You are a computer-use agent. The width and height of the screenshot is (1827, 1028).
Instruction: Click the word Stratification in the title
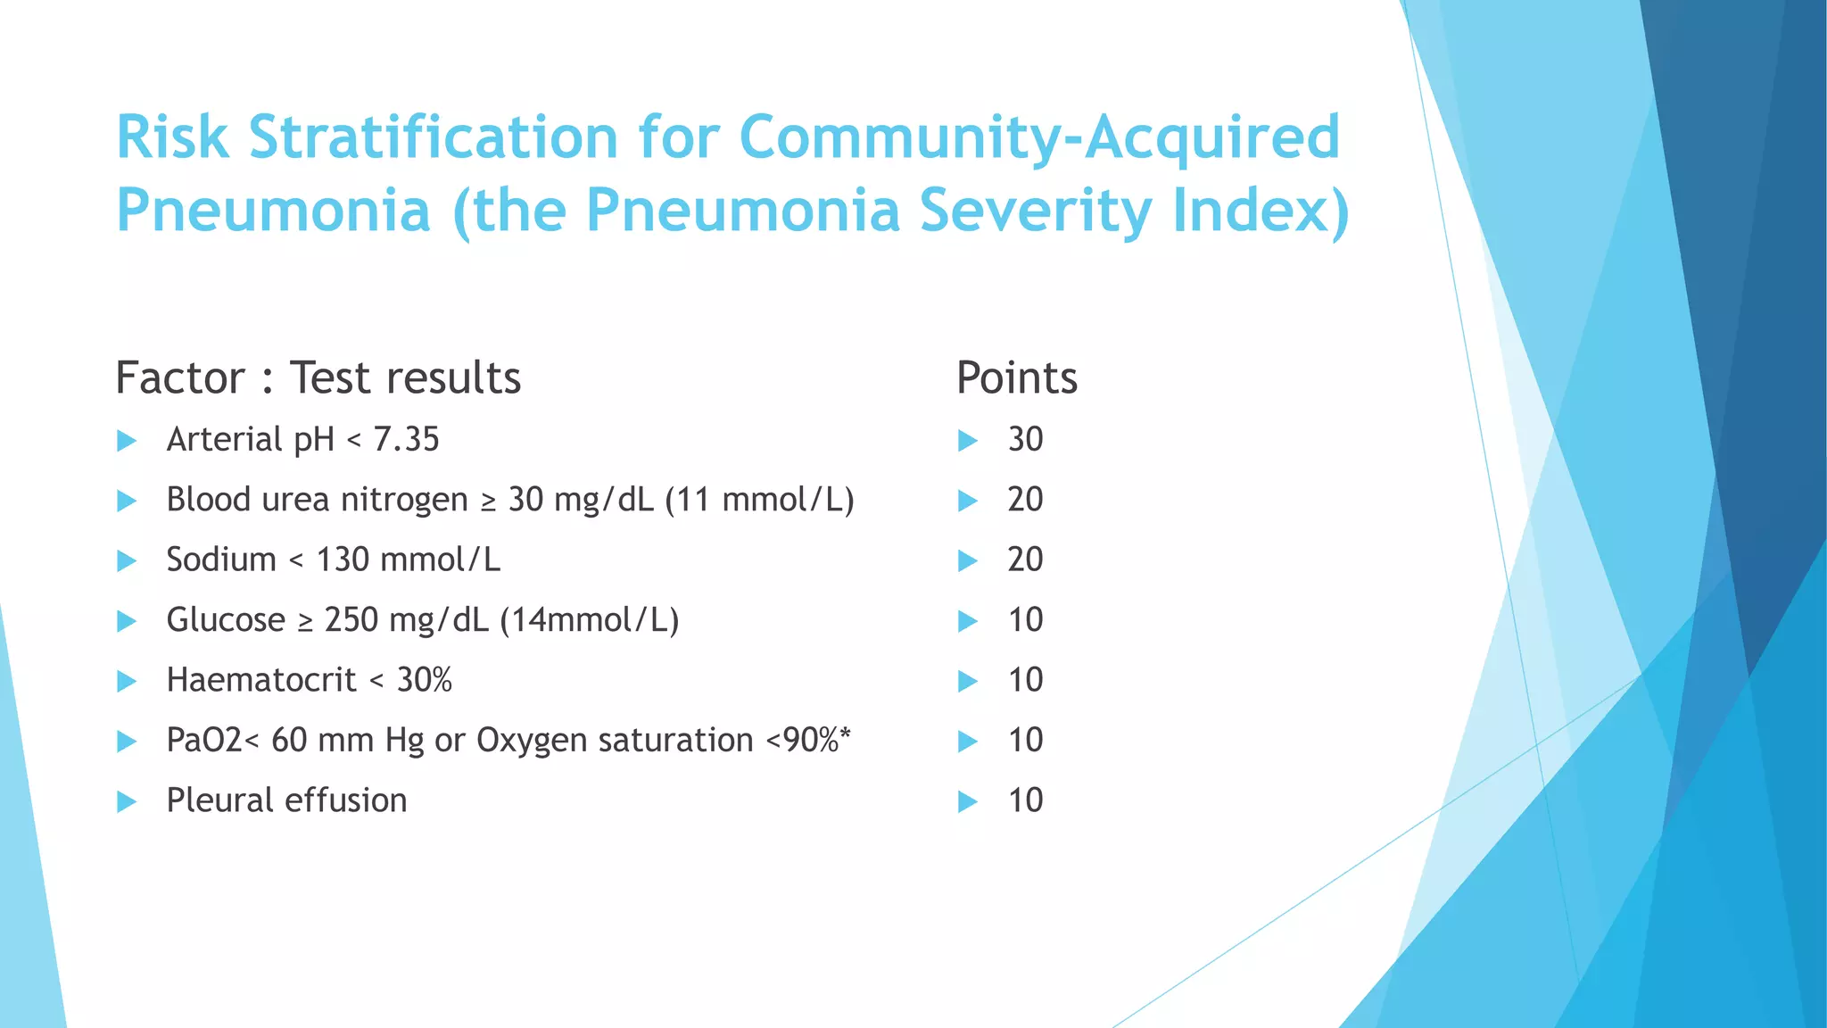click(434, 138)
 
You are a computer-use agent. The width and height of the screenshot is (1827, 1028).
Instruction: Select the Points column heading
click(1016, 377)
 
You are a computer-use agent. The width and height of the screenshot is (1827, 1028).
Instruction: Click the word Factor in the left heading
click(179, 377)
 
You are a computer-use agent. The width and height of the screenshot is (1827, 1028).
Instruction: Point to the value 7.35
click(406, 440)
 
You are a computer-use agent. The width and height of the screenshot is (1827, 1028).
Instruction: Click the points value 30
click(1025, 440)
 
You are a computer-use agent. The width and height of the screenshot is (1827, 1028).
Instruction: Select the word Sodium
click(221, 560)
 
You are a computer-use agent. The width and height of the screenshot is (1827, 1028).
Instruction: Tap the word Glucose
click(226, 620)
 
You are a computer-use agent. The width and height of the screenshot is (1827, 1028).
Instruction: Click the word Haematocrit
click(261, 681)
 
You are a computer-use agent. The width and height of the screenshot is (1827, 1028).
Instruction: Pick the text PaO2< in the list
click(212, 741)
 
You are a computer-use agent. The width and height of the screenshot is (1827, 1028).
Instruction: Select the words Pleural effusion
click(286, 800)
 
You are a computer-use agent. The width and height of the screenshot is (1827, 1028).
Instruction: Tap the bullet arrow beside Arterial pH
click(127, 441)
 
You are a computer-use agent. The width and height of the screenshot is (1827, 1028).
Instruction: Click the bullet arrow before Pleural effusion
click(127, 801)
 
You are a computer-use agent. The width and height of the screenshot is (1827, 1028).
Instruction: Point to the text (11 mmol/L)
click(759, 501)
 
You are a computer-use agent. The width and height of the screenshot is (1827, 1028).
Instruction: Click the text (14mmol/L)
click(589, 620)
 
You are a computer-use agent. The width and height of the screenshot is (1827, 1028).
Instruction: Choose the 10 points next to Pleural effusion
click(1025, 800)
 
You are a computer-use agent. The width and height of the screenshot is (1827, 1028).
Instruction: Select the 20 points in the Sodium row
click(1025, 560)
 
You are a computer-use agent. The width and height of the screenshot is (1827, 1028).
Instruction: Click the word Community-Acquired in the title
click(1039, 138)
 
